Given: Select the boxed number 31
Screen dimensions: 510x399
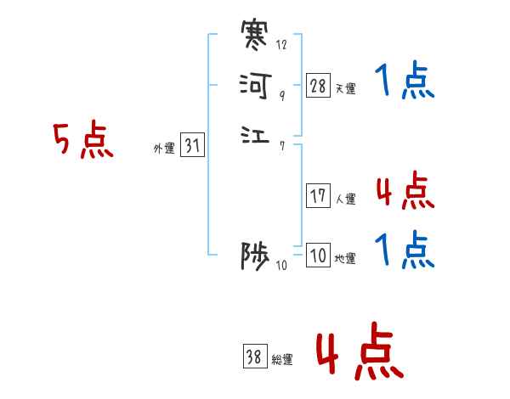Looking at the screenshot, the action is (x=192, y=146).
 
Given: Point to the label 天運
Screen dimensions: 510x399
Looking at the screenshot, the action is (x=346, y=88).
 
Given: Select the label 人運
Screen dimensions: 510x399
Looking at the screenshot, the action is (x=346, y=199).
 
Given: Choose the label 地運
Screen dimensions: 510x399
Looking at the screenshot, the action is (x=346, y=259).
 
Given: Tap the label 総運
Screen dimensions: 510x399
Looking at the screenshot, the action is (x=282, y=360).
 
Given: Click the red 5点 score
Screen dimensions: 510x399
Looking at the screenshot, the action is (x=83, y=140).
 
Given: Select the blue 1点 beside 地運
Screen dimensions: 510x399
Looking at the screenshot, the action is (x=404, y=251).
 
